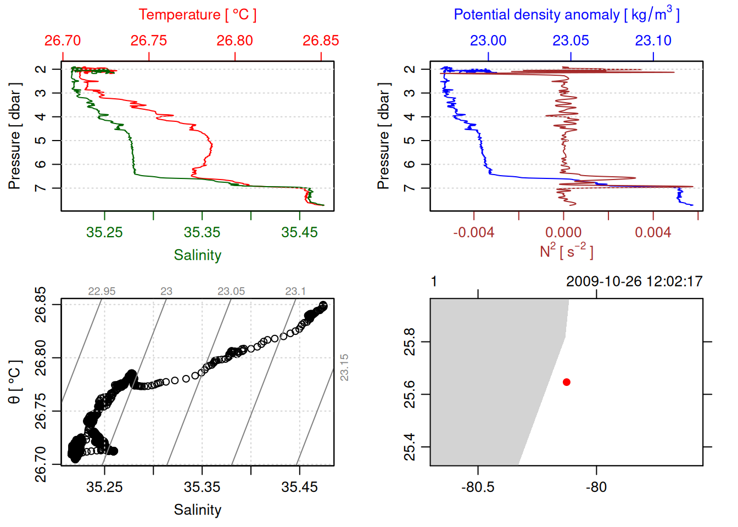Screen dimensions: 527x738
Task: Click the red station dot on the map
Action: pyautogui.click(x=566, y=382)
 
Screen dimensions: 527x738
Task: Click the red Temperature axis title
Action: pyautogui.click(x=197, y=15)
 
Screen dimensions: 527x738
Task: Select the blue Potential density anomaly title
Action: pyautogui.click(x=566, y=15)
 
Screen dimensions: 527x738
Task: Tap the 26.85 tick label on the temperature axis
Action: pyautogui.click(x=321, y=41)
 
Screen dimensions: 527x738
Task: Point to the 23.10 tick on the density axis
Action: pyautogui.click(x=653, y=41)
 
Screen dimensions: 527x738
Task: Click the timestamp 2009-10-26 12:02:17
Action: pyautogui.click(x=634, y=282)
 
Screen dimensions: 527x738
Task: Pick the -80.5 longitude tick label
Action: pyautogui.click(x=478, y=487)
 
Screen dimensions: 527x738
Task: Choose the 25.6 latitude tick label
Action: pyautogui.click(x=410, y=394)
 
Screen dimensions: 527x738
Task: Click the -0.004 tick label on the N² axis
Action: pyautogui.click(x=473, y=232)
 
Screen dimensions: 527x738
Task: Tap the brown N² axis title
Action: pyautogui.click(x=566, y=251)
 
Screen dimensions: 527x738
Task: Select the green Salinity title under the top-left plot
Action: pyautogui.click(x=197, y=255)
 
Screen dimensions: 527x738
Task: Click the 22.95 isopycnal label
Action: pyautogui.click(x=102, y=291)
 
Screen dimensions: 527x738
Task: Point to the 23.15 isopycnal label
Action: pyautogui.click(x=344, y=367)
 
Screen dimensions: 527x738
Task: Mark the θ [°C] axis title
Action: pyautogui.click(x=15, y=382)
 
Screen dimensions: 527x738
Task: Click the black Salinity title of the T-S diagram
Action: pyautogui.click(x=197, y=510)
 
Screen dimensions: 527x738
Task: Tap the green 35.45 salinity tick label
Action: pyautogui.click(x=299, y=232)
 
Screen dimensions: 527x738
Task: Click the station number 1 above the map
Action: pyautogui.click(x=434, y=282)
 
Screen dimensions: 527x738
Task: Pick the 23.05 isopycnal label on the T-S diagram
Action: pyautogui.click(x=231, y=291)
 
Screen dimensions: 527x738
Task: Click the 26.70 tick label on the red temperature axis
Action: pyautogui.click(x=63, y=41)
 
